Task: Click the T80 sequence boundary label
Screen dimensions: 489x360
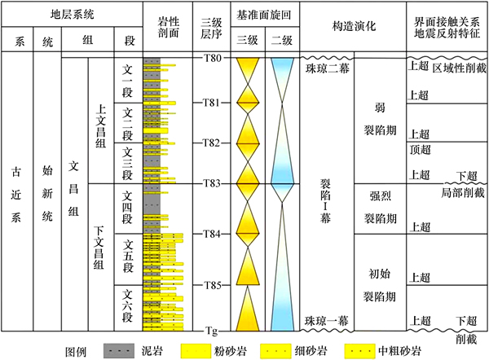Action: pyautogui.click(x=212, y=58)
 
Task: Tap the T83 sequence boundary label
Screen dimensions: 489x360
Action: pyautogui.click(x=212, y=183)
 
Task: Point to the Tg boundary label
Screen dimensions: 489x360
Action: pyautogui.click(x=211, y=331)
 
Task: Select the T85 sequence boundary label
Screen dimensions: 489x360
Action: pyautogui.click(x=212, y=285)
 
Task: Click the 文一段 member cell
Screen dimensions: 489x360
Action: pyautogui.click(x=127, y=81)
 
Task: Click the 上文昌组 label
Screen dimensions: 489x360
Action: pyautogui.click(x=100, y=125)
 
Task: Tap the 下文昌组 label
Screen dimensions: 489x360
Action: pyautogui.click(x=99, y=248)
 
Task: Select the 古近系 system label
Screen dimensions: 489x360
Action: pyautogui.click(x=16, y=194)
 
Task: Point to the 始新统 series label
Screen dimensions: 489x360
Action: pyautogui.click(x=47, y=193)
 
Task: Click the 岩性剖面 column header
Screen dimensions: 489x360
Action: pyautogui.click(x=168, y=27)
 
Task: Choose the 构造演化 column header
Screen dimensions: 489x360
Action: pyautogui.click(x=354, y=26)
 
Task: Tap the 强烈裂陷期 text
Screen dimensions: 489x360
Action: pyautogui.click(x=380, y=207)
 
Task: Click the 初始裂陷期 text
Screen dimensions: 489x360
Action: pyautogui.click(x=380, y=285)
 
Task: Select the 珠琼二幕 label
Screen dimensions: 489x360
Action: pyautogui.click(x=327, y=68)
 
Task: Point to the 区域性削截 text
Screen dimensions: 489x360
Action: pyautogui.click(x=459, y=68)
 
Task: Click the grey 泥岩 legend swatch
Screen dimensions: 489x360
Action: pyautogui.click(x=119, y=351)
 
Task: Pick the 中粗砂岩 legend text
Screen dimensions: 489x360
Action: pyautogui.click(x=399, y=351)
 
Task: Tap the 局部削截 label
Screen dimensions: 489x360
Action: pyautogui.click(x=462, y=193)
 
